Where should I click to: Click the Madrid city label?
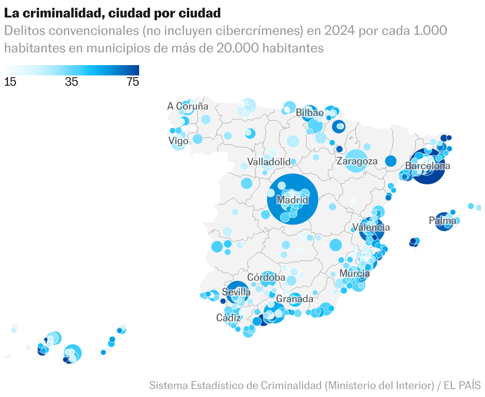point(292,200)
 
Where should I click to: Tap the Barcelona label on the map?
point(428,166)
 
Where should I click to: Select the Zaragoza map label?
point(357,161)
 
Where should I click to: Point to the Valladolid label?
point(269,162)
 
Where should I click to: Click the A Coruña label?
point(188,106)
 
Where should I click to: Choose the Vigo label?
point(178,141)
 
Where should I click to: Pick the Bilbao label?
point(310,113)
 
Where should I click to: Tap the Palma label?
point(442,220)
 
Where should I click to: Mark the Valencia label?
point(371,227)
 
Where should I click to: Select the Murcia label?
point(355,274)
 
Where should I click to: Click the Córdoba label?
point(266,277)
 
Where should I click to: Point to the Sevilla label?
point(236,292)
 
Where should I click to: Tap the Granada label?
point(295,299)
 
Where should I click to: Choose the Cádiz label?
point(229,318)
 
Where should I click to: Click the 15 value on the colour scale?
point(10,82)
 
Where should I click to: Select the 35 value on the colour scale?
point(72,82)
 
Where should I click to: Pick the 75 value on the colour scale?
point(133,82)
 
